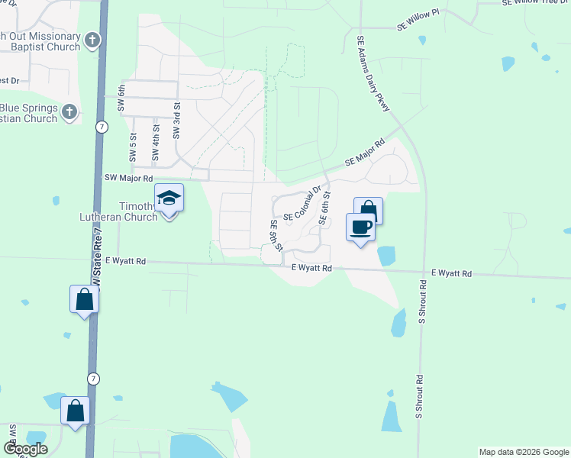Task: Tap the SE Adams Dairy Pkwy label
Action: click(x=373, y=73)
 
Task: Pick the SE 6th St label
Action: click(x=324, y=208)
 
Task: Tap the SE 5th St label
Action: click(x=276, y=236)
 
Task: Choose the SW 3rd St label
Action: click(x=176, y=120)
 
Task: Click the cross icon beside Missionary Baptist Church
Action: click(x=92, y=40)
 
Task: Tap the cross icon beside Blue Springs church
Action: click(x=69, y=112)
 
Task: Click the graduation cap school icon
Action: click(x=169, y=200)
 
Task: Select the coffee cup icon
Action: click(x=361, y=226)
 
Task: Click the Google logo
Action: click(x=25, y=448)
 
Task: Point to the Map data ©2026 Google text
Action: click(x=523, y=452)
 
